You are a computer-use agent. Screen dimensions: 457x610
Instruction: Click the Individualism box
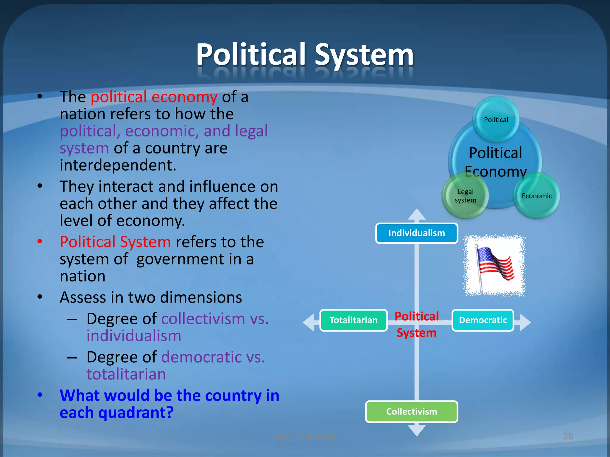click(416, 233)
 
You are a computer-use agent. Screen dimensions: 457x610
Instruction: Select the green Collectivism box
click(411, 411)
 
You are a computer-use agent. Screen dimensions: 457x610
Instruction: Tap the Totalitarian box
click(353, 320)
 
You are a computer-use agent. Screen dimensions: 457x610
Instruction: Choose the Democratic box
click(483, 320)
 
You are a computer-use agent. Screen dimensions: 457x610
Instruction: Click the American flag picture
click(494, 265)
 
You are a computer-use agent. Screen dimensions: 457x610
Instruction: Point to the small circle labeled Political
click(496, 120)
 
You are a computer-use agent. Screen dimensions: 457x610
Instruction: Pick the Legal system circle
click(465, 196)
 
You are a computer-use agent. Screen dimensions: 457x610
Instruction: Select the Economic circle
click(536, 196)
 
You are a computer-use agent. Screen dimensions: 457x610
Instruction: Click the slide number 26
click(568, 436)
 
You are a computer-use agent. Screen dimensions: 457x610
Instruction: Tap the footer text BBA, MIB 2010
click(305, 436)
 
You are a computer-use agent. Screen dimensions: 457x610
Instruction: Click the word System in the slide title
click(364, 55)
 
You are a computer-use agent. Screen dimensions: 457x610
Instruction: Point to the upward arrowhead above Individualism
click(417, 214)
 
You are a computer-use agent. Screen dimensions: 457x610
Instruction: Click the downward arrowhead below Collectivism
click(417, 431)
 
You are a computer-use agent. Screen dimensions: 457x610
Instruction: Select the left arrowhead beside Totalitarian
click(309, 322)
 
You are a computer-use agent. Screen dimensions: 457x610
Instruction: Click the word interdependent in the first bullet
click(118, 165)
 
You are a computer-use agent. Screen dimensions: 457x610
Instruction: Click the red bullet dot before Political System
click(40, 241)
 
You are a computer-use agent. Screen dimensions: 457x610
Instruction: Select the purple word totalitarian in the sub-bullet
click(126, 374)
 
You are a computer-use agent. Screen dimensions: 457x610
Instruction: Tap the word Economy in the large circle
click(496, 171)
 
